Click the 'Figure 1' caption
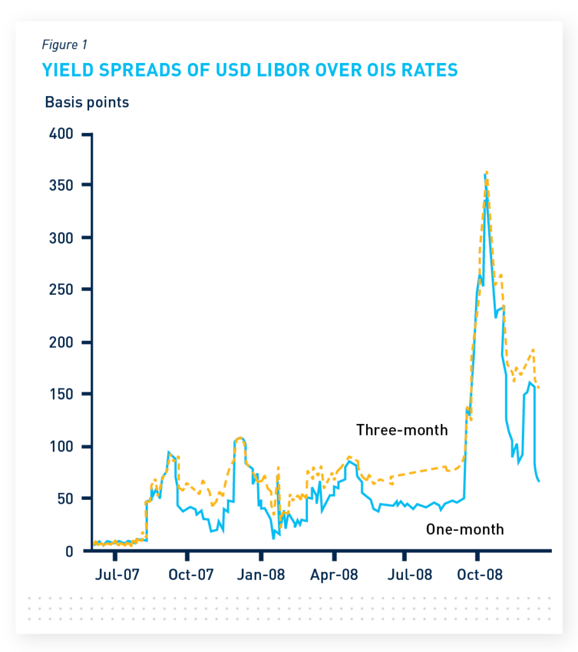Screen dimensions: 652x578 pyautogui.click(x=64, y=45)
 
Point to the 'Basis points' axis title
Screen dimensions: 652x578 pyautogui.click(x=87, y=102)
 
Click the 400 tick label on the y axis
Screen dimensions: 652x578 pyautogui.click(x=61, y=134)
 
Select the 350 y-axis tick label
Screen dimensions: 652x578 pyautogui.click(x=61, y=185)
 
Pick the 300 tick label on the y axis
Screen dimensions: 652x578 pyautogui.click(x=61, y=237)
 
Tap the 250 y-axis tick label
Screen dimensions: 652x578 pyautogui.click(x=61, y=290)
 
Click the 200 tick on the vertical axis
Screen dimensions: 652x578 pyautogui.click(x=61, y=342)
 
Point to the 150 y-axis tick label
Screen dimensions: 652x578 pyautogui.click(x=61, y=394)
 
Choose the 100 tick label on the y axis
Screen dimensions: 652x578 pyautogui.click(x=61, y=446)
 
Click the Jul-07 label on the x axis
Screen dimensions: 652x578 pyautogui.click(x=118, y=575)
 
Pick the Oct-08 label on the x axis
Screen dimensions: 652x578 pyautogui.click(x=481, y=575)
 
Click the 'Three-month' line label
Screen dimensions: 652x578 pyautogui.click(x=402, y=430)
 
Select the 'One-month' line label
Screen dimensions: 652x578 pyautogui.click(x=465, y=529)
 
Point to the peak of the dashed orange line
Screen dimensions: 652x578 pyautogui.click(x=486, y=172)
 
